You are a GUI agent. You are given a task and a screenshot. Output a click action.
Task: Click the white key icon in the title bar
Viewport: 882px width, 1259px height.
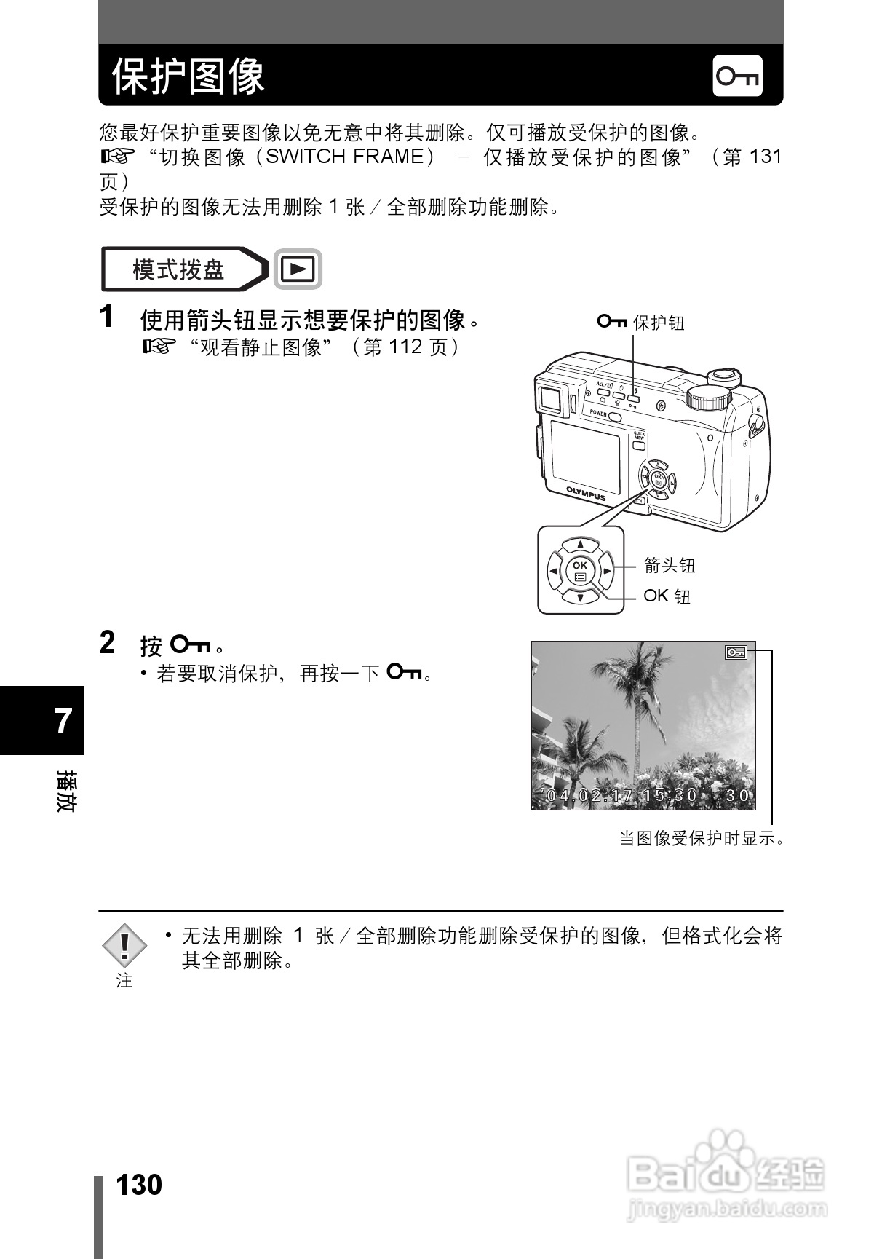click(737, 76)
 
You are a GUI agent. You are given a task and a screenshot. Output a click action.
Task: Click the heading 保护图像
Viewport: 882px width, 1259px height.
click(188, 76)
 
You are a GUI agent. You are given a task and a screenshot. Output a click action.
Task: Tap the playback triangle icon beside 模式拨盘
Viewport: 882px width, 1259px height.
click(298, 269)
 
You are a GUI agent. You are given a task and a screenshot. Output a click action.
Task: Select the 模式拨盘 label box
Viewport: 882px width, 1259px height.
click(179, 270)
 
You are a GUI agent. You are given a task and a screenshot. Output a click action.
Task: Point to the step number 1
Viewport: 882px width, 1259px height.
click(107, 317)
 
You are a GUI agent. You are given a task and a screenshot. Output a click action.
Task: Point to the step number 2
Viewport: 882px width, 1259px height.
click(107, 643)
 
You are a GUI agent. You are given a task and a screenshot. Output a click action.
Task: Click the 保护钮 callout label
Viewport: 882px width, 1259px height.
click(658, 323)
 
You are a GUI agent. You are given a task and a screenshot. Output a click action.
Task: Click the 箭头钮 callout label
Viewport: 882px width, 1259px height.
click(670, 565)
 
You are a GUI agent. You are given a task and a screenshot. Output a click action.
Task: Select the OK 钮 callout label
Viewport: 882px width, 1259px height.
click(667, 596)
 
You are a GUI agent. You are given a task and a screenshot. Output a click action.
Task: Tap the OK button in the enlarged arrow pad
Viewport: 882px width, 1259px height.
click(580, 569)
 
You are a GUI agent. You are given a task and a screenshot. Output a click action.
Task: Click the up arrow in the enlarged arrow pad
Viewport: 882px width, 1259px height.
click(580, 544)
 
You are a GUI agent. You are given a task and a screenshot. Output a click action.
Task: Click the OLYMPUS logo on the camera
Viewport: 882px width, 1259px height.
click(586, 494)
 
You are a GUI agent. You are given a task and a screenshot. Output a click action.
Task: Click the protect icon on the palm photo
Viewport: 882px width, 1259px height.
click(736, 652)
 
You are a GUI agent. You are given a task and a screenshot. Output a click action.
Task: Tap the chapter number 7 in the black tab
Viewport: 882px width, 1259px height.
click(63, 721)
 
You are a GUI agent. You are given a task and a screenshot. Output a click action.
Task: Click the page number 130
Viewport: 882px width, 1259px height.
click(139, 1185)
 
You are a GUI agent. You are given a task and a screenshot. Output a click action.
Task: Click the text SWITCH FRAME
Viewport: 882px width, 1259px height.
click(344, 157)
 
